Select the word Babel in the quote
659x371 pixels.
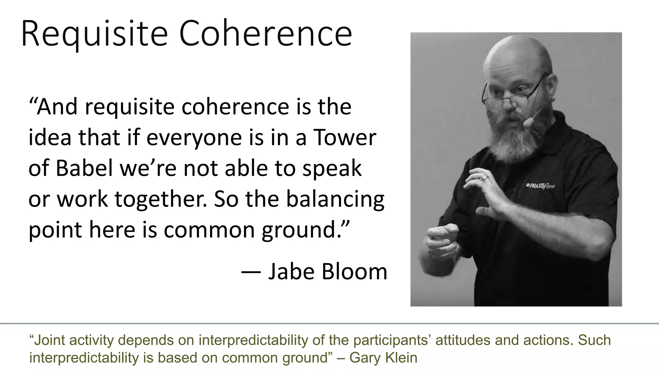pos(84,168)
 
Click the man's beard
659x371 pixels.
pos(512,138)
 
